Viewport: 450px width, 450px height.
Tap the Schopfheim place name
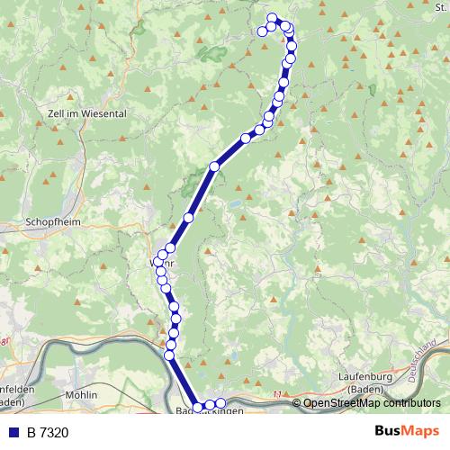pyautogui.click(x=54, y=221)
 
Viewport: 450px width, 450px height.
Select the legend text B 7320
pyautogui.click(x=48, y=432)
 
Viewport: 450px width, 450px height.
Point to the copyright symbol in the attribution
pyautogui.click(x=297, y=403)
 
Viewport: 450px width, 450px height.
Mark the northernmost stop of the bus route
pyautogui.click(x=273, y=18)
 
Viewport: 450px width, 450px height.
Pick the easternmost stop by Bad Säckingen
pyautogui.click(x=220, y=402)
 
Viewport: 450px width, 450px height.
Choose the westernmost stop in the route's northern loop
pyautogui.click(x=263, y=31)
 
